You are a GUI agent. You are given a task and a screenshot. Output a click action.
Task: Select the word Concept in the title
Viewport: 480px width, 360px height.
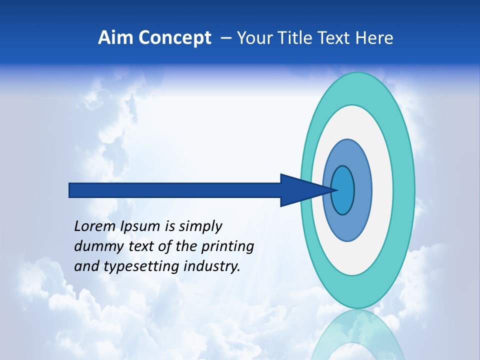(175, 38)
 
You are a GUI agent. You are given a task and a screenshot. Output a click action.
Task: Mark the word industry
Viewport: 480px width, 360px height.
(212, 267)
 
